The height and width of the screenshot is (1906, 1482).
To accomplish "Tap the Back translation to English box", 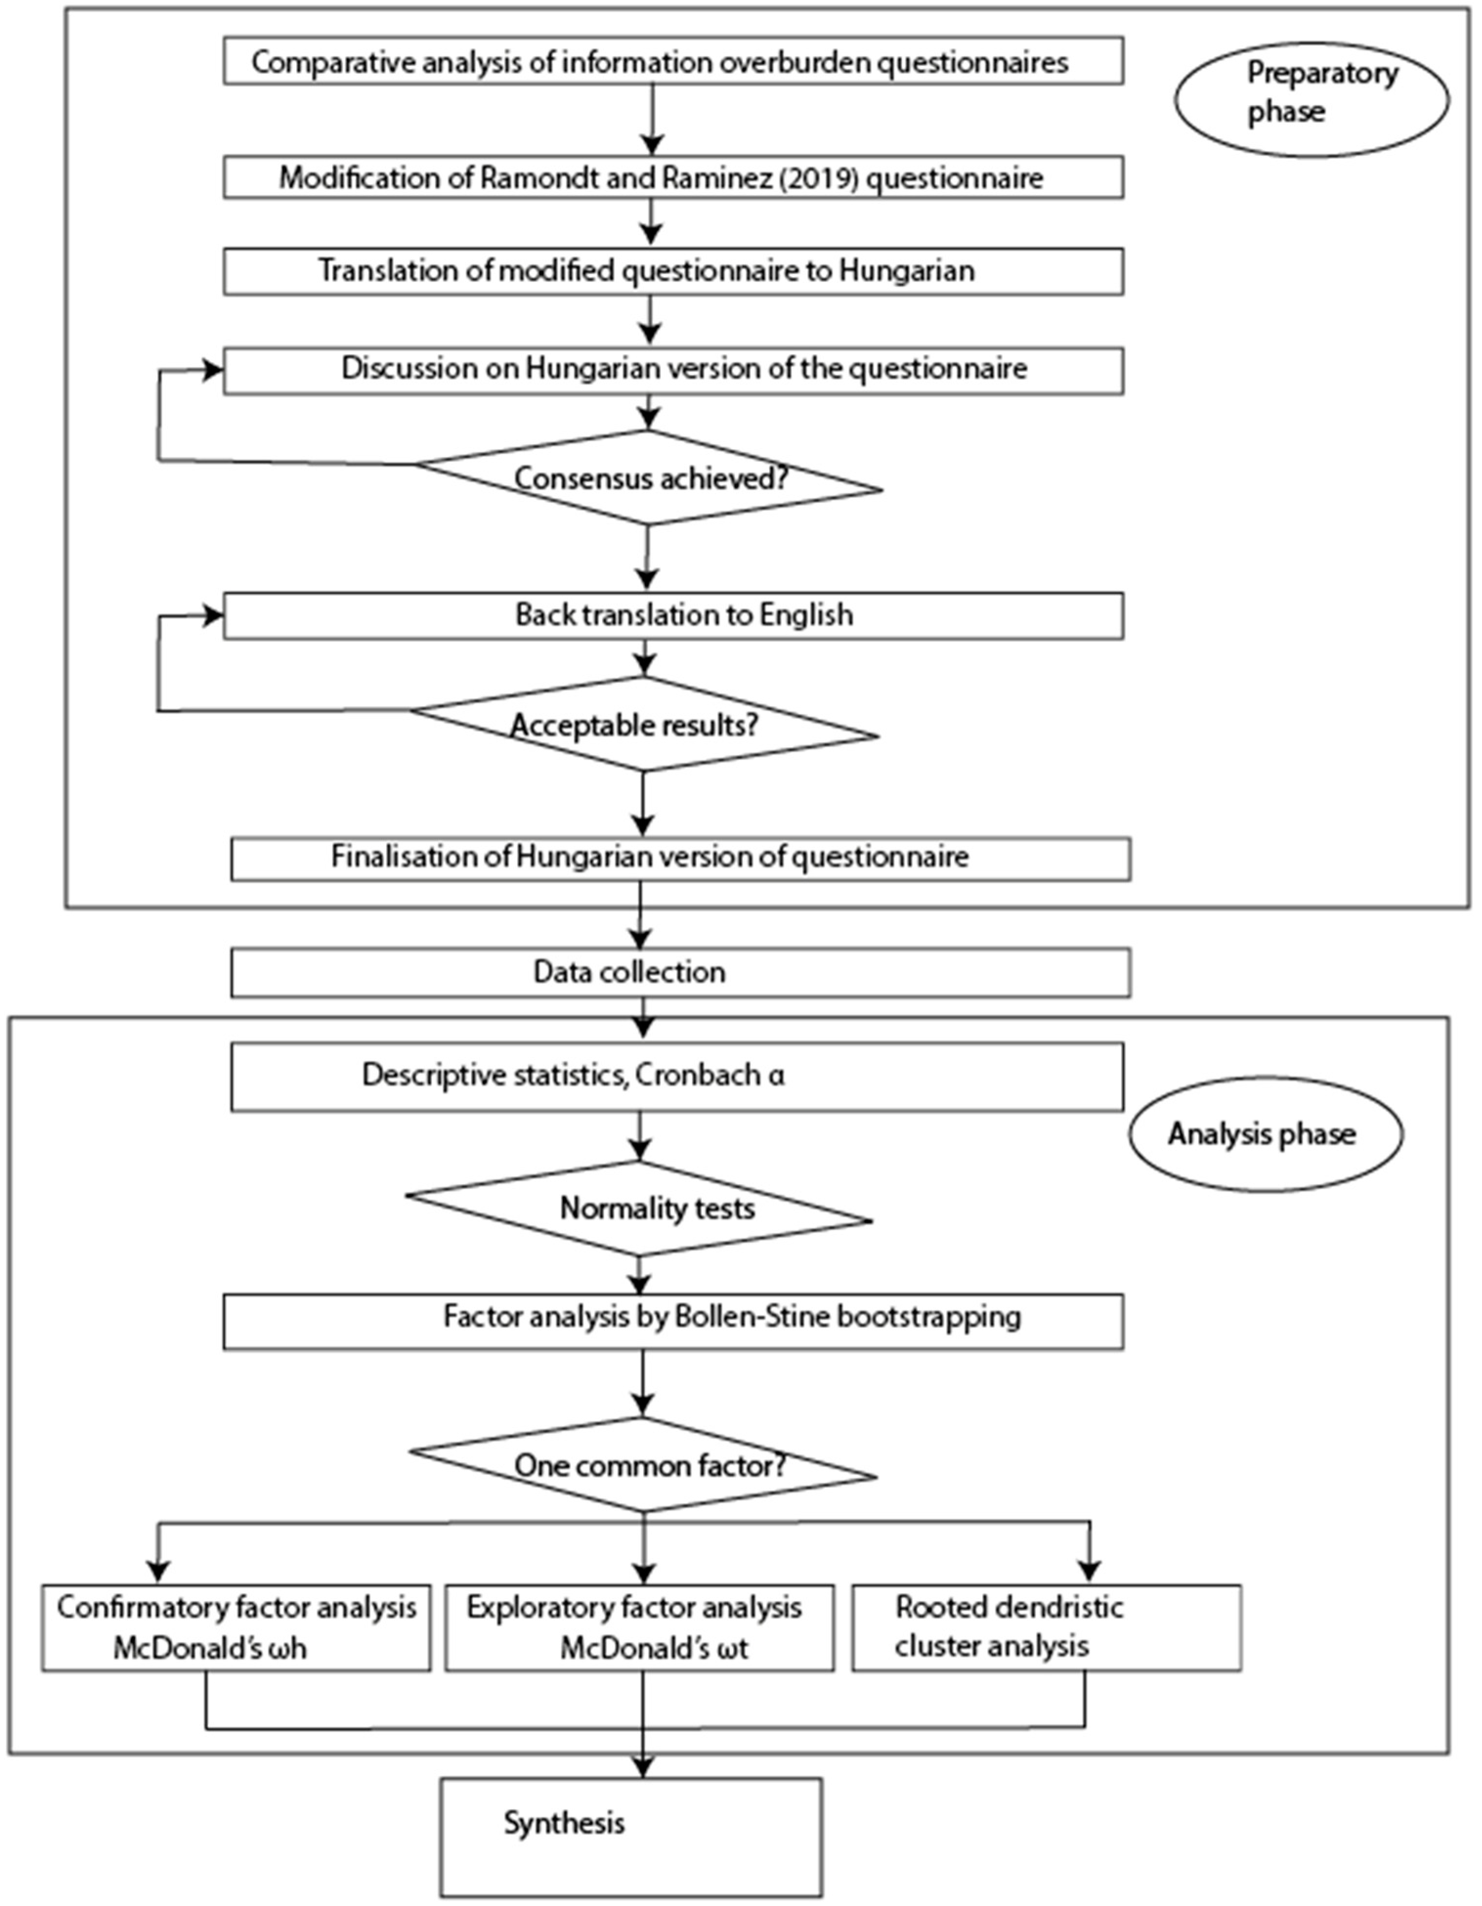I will pos(672,615).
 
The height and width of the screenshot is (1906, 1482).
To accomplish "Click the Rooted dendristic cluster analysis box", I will pos(1046,1628).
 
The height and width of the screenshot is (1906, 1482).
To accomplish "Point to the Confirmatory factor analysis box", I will pos(236,1628).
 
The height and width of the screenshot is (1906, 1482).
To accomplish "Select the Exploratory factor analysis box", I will pos(639,1628).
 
